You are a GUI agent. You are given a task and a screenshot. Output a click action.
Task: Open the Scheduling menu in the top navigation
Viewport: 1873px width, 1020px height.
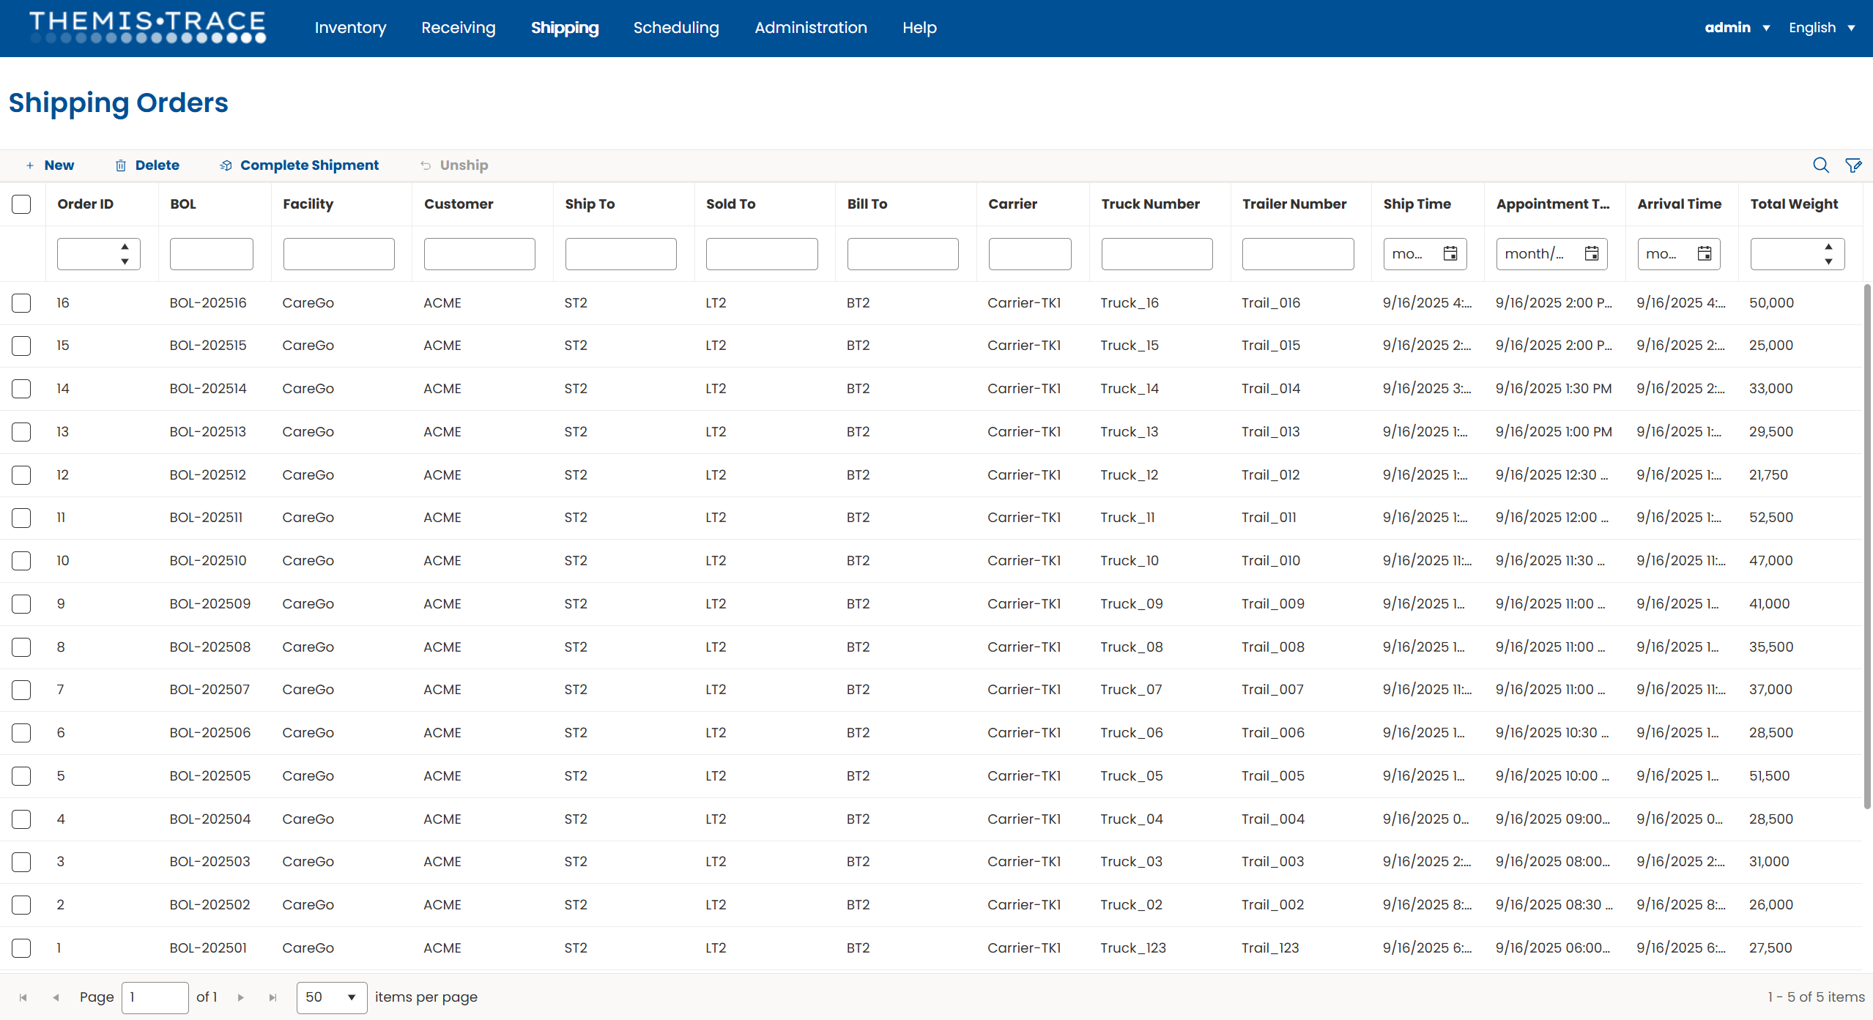click(675, 28)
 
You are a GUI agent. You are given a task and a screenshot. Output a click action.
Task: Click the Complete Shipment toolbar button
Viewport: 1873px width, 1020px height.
click(300, 165)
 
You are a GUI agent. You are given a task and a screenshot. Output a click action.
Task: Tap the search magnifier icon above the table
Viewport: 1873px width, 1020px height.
click(1820, 165)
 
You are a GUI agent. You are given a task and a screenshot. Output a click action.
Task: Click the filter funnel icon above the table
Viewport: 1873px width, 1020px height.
click(1853, 165)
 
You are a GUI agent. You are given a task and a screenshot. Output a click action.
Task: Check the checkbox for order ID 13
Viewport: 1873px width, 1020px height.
click(21, 432)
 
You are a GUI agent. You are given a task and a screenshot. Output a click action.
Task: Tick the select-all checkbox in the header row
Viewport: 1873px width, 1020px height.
click(21, 204)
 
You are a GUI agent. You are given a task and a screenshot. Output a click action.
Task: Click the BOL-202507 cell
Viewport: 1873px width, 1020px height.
click(209, 690)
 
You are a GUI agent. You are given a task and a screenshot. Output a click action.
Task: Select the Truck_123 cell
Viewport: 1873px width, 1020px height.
click(1132, 948)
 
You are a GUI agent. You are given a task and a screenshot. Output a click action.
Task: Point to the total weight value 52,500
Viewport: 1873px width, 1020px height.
click(1770, 518)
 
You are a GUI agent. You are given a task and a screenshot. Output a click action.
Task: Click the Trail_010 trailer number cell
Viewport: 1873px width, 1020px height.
click(1270, 561)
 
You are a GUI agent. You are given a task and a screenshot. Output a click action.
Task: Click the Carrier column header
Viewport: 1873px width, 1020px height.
click(1012, 204)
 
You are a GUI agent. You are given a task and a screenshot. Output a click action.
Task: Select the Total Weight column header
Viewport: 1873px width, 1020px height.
click(1793, 204)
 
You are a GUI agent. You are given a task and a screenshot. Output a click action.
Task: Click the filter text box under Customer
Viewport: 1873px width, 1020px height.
click(479, 254)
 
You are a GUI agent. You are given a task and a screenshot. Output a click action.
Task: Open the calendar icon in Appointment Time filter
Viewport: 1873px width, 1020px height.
click(1591, 254)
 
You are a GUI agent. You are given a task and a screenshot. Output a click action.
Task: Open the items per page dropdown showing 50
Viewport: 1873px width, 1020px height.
click(331, 997)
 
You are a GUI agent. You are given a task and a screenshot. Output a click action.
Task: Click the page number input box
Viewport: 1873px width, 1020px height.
click(155, 997)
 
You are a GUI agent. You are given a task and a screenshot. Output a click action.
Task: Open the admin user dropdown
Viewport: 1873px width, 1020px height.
click(1736, 28)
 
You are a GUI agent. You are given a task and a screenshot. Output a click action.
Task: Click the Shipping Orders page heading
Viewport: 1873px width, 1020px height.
click(119, 103)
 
